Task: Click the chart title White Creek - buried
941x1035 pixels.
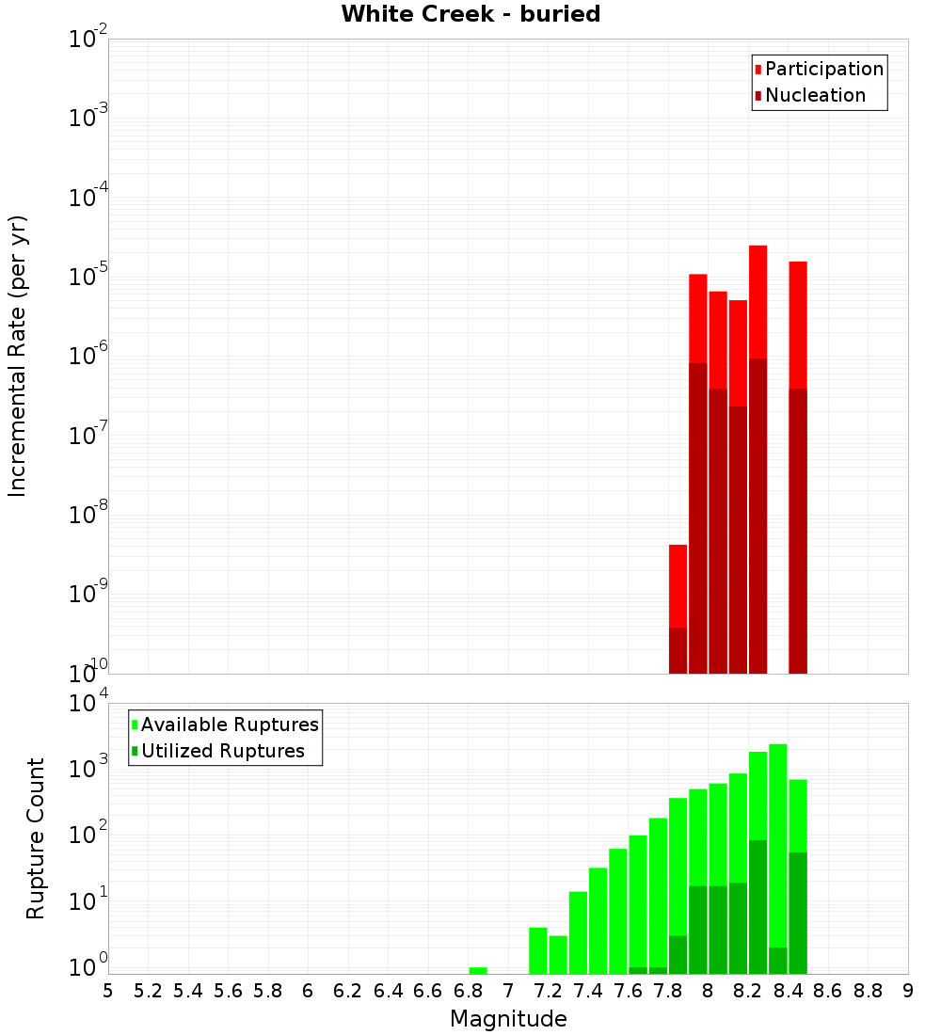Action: (x=470, y=14)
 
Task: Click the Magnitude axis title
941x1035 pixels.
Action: (x=508, y=1019)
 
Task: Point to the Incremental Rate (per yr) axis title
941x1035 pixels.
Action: (x=18, y=357)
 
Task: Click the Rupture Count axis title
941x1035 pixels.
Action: (x=36, y=838)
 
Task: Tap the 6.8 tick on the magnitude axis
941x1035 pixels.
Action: (x=468, y=991)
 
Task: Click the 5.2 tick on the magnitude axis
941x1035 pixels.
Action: (x=148, y=991)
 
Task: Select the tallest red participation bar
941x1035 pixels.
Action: (x=758, y=301)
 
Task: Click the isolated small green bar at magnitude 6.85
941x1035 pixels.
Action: (x=478, y=970)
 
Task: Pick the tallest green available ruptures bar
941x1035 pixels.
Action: (x=778, y=847)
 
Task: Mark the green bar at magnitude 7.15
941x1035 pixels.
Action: (x=538, y=950)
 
